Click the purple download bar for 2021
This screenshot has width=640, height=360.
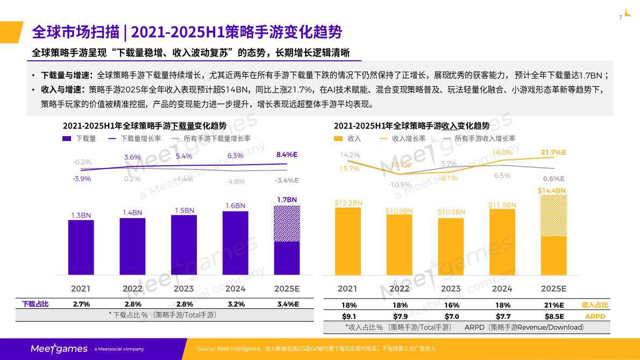81,248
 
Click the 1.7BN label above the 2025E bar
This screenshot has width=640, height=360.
287,200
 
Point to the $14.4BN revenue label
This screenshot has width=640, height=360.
552,190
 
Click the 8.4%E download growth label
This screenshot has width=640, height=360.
287,154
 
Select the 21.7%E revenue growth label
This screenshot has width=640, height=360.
554,153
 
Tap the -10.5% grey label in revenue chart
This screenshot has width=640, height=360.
400,185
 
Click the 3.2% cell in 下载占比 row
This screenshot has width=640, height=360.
236,304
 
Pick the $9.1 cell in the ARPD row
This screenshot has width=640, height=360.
349,316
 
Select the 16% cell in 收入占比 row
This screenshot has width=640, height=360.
451,305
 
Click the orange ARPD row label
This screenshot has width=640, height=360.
595,316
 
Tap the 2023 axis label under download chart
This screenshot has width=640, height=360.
184,288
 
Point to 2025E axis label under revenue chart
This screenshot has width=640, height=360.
553,288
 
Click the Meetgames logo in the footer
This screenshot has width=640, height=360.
59,349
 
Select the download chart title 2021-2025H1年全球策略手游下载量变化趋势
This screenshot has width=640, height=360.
145,126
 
